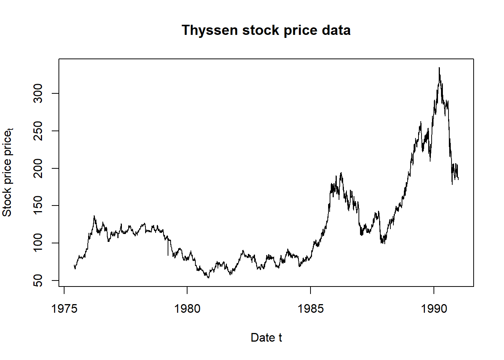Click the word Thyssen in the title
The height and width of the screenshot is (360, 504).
coord(210,30)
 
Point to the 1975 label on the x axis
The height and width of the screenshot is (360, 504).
coord(64,309)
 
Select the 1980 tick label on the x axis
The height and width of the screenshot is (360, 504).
coord(187,309)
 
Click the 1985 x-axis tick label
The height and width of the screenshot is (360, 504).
coord(310,309)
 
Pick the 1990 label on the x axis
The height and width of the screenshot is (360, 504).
coord(434,309)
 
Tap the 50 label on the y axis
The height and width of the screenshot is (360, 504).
coord(38,280)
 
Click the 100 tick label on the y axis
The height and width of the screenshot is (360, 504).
coord(38,243)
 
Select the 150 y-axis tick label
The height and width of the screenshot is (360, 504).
coord(38,205)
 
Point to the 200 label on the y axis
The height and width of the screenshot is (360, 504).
coord(38,168)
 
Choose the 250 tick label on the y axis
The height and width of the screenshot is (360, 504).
coord(38,130)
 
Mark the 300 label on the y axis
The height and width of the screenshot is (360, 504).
coord(38,93)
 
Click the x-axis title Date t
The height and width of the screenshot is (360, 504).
coord(266,337)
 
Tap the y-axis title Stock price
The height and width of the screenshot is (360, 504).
coord(7,172)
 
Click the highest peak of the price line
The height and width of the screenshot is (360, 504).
coord(439,68)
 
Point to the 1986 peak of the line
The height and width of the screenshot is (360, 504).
coord(341,173)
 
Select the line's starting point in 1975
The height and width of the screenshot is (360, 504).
coord(74,266)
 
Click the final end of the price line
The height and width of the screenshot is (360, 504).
coord(458,179)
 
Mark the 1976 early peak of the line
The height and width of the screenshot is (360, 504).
coord(94,216)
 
